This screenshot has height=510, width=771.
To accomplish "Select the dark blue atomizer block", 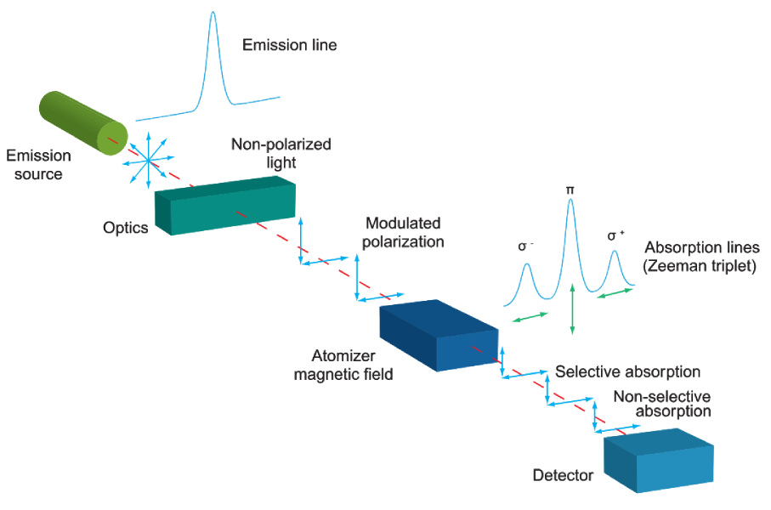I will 439,335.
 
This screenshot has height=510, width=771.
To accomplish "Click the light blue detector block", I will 660,463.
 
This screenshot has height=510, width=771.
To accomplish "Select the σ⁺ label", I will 614,235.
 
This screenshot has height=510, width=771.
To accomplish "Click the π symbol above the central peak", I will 570,190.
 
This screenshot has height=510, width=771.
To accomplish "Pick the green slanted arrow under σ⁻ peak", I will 530,318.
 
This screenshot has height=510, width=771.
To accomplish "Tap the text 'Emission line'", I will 289,45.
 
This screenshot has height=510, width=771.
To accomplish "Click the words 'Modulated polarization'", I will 404,231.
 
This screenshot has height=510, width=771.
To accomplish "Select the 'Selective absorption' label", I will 627,372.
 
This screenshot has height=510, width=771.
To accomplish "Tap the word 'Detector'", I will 562,474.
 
